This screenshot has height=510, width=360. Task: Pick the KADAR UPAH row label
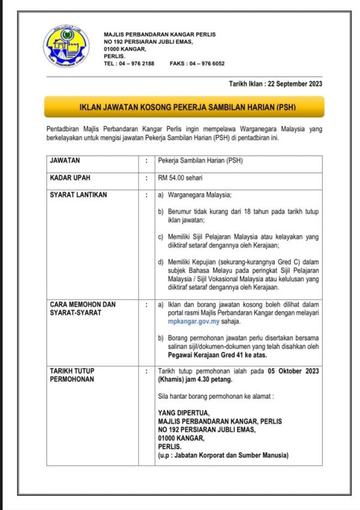70,178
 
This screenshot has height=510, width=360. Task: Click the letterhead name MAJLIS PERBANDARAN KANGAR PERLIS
159,34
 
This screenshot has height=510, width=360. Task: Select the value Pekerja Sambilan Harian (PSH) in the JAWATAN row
200,161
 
